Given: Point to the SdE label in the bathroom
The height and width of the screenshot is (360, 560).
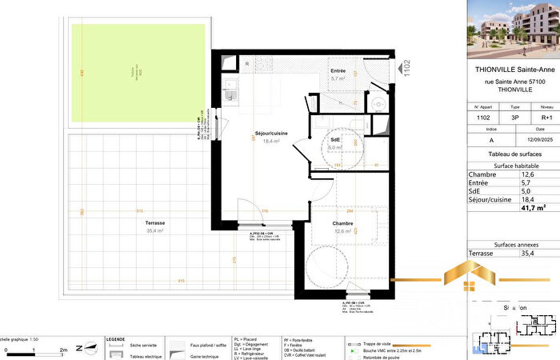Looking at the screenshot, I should tap(335, 139).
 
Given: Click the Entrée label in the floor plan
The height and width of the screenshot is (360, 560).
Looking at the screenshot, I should tap(338, 71).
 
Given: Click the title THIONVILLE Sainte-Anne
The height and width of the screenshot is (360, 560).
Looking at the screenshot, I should tap(513, 68).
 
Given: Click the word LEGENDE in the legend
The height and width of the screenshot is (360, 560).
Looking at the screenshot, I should tap(115, 338).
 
